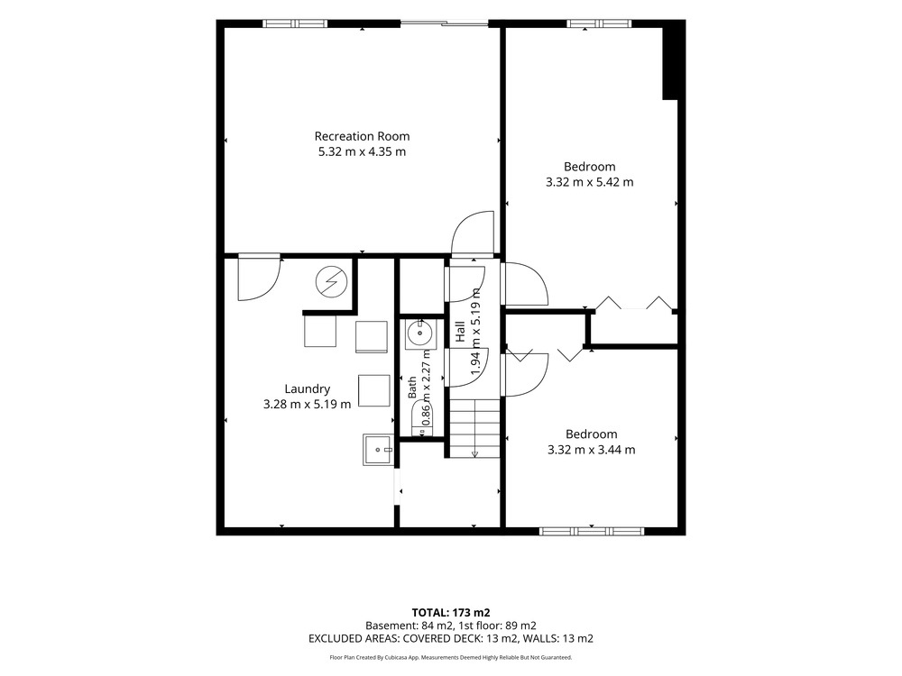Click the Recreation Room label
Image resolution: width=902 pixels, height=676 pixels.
362,136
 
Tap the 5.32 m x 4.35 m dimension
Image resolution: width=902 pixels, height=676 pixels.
362,151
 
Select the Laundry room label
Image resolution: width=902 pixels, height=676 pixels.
308,389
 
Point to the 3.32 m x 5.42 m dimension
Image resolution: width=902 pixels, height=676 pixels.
590,182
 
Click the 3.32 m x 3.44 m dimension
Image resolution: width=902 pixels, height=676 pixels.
592,450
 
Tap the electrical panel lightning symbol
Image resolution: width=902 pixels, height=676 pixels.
331,281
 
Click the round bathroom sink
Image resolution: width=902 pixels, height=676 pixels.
420,333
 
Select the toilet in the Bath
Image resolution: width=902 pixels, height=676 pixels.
423,418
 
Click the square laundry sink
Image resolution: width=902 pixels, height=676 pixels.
378,450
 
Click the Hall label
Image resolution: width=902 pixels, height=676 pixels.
460,332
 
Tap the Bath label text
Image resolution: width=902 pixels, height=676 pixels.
412,388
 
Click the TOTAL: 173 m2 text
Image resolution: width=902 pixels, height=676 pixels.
451,613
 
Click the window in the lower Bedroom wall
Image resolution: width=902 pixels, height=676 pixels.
592,531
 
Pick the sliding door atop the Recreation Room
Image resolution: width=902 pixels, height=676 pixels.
444,23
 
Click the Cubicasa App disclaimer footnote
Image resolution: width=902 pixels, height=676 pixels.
451,657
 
